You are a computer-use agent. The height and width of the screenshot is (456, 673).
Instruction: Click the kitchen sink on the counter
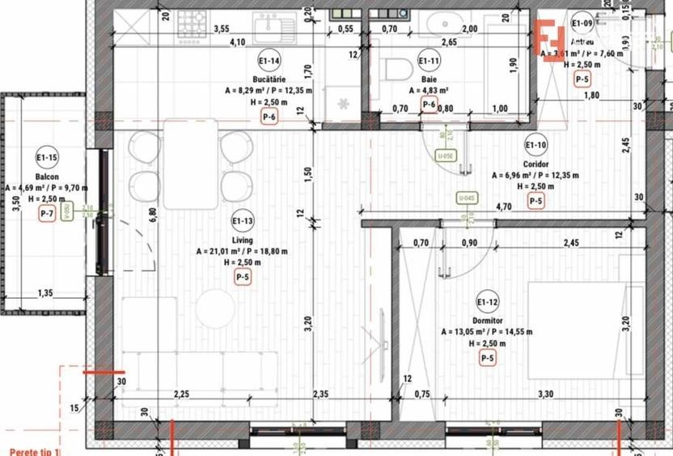pyautogui.click(x=270, y=29)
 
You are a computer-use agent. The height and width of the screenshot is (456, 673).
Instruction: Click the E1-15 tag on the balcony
pyautogui.click(x=46, y=157)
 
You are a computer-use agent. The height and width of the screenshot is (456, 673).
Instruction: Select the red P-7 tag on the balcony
pyautogui.click(x=47, y=214)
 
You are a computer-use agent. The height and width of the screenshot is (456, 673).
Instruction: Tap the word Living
pyautogui.click(x=241, y=241)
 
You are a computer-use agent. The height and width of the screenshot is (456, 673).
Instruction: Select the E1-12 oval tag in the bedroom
pyautogui.click(x=487, y=303)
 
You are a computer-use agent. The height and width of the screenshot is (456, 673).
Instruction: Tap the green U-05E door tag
pyautogui.click(x=443, y=156)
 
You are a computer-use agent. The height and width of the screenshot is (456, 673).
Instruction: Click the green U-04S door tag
pyautogui.click(x=467, y=197)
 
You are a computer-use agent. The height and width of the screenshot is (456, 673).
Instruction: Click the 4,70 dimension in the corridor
pyautogui.click(x=503, y=207)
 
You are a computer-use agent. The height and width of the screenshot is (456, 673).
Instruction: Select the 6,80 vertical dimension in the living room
pyautogui.click(x=151, y=216)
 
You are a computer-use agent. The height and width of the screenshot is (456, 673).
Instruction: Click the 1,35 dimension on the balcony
pyautogui.click(x=44, y=295)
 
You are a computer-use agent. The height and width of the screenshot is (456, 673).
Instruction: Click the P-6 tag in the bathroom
pyautogui.click(x=429, y=104)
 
